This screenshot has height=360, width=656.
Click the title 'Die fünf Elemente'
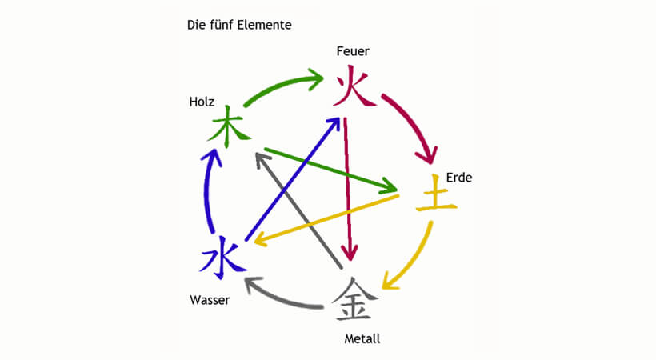click(x=238, y=25)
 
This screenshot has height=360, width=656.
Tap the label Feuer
click(x=353, y=52)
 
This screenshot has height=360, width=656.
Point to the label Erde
click(x=459, y=177)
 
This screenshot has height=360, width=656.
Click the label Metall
click(x=362, y=338)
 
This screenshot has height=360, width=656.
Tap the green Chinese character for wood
click(x=226, y=126)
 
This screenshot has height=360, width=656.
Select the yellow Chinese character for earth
click(x=436, y=198)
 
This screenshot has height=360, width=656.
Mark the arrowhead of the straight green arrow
click(x=390, y=190)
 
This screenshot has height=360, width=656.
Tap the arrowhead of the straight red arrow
click(x=350, y=252)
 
